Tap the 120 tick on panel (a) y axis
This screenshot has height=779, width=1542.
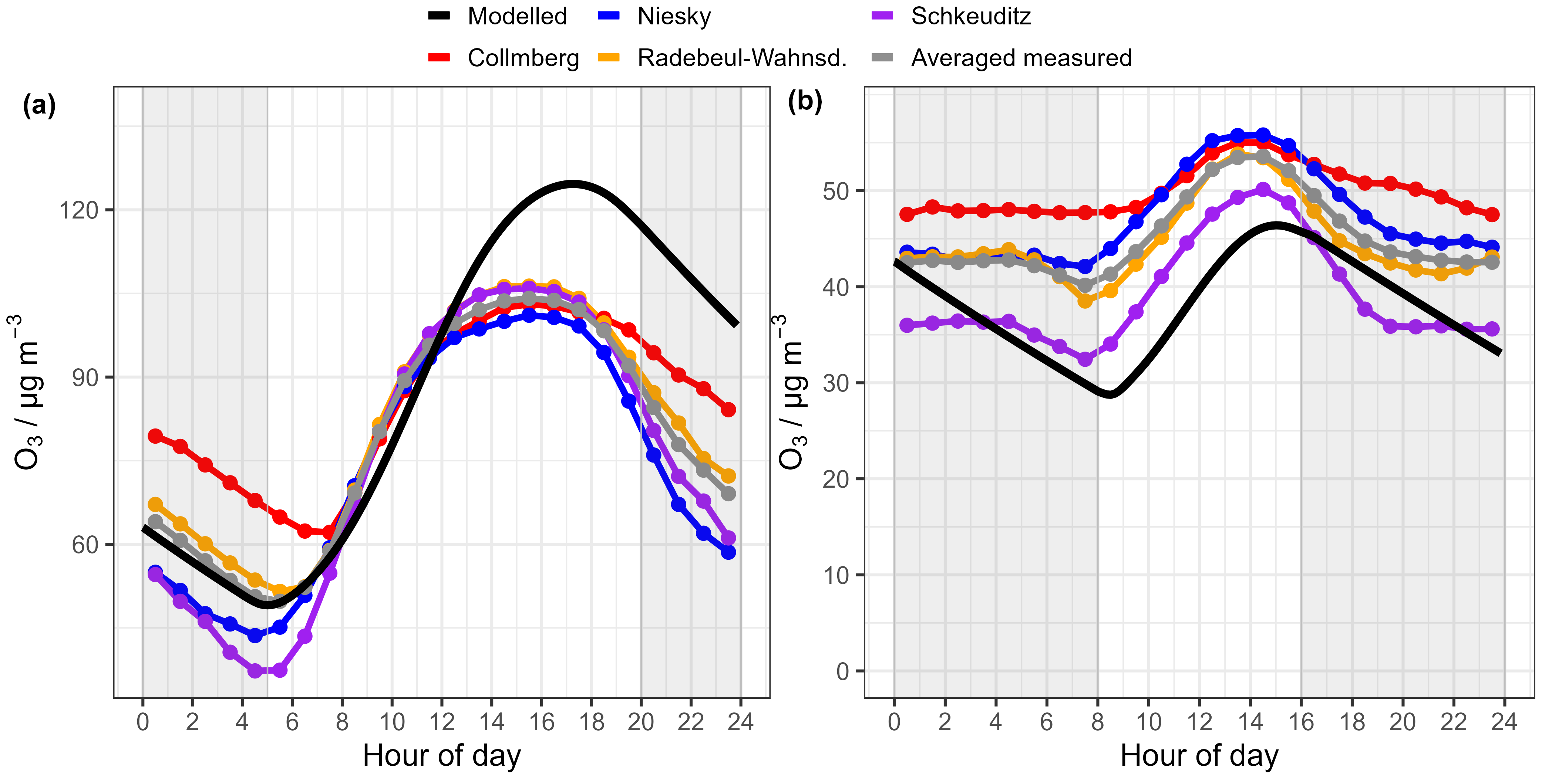coord(78,211)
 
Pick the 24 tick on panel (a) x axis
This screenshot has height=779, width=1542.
coord(740,722)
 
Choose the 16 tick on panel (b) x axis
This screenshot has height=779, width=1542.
coord(1302,722)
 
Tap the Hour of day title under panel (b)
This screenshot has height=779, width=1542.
coord(1199,755)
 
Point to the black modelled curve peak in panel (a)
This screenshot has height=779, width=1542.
coord(573,184)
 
